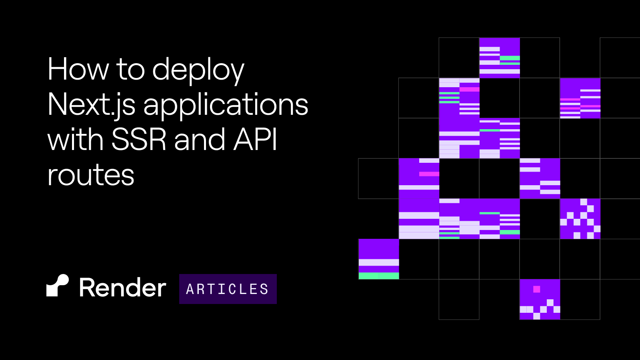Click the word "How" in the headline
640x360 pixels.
(x=78, y=69)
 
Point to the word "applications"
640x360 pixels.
(x=226, y=106)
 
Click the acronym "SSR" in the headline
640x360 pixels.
(x=139, y=139)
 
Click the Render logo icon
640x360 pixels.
(x=58, y=286)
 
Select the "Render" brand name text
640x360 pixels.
(x=122, y=288)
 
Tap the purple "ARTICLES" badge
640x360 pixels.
(x=228, y=289)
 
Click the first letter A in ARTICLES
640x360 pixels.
(x=190, y=289)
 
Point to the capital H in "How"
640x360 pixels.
(x=58, y=69)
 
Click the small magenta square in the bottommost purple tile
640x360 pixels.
(x=536, y=290)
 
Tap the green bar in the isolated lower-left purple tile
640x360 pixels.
(x=378, y=276)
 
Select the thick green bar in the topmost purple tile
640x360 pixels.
(x=510, y=58)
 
